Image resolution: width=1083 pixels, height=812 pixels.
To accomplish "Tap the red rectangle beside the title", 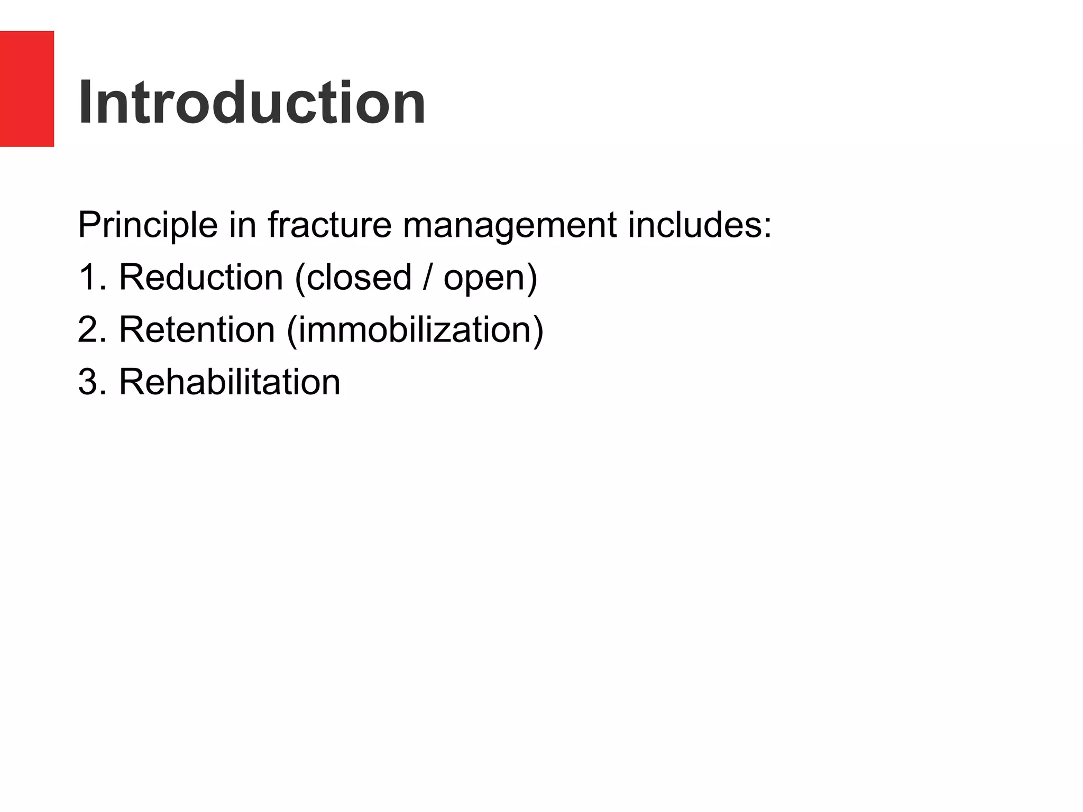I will [27, 89].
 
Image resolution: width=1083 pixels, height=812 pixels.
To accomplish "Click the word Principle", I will [148, 225].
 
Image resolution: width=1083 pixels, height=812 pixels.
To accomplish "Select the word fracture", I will [329, 225].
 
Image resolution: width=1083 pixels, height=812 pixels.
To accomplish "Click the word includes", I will [695, 225].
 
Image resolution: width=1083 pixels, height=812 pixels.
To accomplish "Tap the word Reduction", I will [201, 278].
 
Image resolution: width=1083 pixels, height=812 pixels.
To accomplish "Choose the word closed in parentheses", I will [359, 278].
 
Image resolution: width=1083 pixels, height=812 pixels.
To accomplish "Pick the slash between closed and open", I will [427, 278].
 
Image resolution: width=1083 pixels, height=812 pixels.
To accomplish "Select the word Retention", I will [197, 330].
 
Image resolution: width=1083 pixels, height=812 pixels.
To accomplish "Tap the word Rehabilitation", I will [230, 382].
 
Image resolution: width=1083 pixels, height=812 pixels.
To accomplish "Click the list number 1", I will [87, 278].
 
